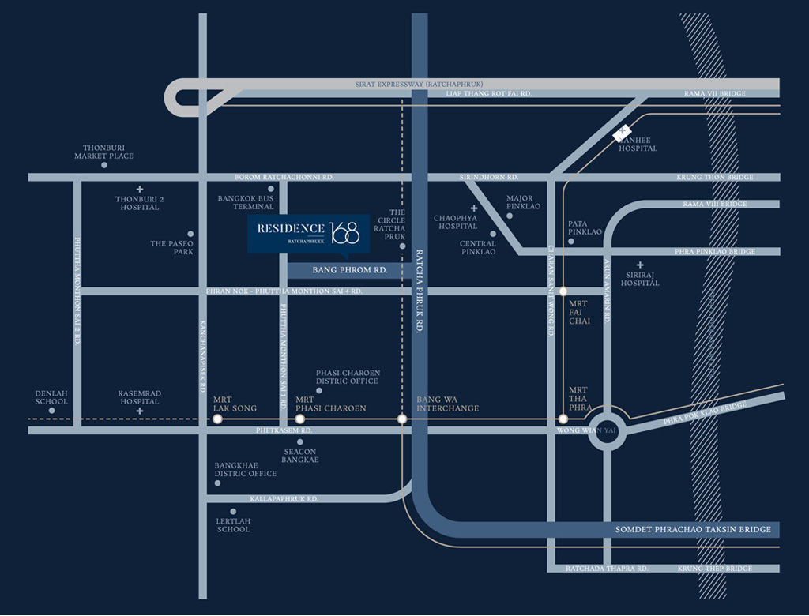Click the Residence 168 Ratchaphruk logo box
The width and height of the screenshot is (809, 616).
click(308, 233)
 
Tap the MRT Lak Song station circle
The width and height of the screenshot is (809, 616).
click(217, 419)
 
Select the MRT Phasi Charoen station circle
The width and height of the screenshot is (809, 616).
click(299, 419)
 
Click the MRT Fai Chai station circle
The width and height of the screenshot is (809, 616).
click(563, 291)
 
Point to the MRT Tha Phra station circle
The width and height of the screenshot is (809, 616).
click(563, 419)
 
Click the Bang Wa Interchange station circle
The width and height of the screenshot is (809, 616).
click(402, 419)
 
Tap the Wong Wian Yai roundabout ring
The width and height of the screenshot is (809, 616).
click(608, 431)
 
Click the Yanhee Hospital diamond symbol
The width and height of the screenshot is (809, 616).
click(624, 134)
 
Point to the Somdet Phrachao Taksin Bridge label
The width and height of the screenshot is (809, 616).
click(693, 529)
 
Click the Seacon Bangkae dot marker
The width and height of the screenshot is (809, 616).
click(300, 441)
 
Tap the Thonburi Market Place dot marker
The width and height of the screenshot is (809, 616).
click(104, 166)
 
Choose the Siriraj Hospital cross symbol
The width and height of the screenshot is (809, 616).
click(640, 265)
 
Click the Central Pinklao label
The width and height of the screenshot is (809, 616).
click(478, 248)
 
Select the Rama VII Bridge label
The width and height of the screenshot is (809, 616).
click(714, 94)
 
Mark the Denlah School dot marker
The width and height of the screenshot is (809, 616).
click(52, 411)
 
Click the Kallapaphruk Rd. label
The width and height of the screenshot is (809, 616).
click(284, 499)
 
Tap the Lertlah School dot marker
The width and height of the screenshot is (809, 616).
click(232, 512)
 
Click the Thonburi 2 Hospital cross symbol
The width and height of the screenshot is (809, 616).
click(139, 190)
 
